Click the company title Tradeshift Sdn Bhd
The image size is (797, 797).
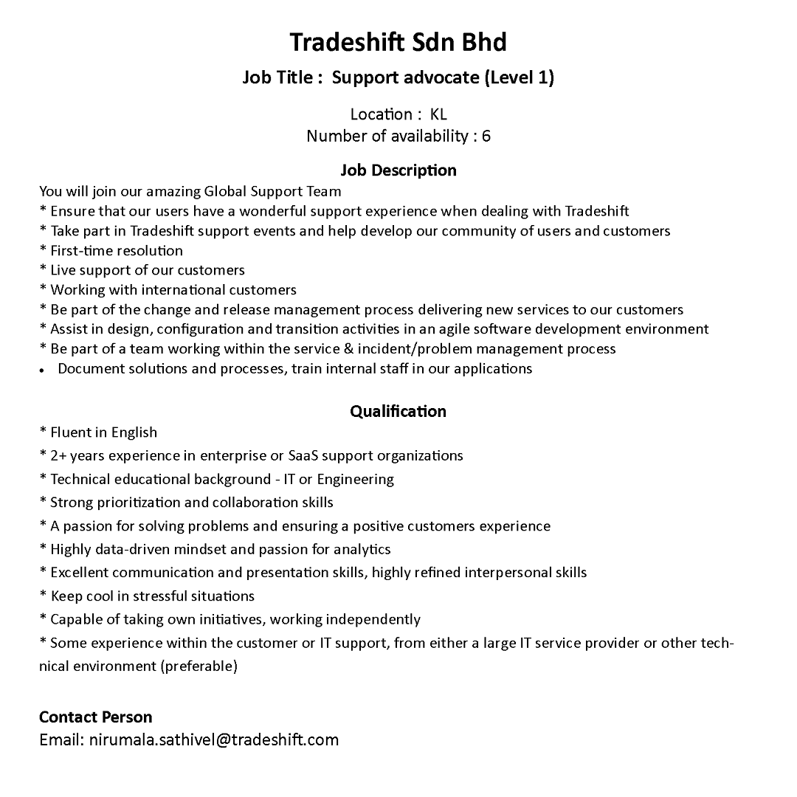(x=398, y=42)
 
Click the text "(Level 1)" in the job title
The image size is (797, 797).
(x=519, y=77)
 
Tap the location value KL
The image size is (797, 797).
(x=438, y=114)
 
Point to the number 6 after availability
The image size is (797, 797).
(x=486, y=137)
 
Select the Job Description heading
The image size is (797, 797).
(x=398, y=170)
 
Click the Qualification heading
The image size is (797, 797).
(x=398, y=411)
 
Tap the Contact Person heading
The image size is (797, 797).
(x=96, y=717)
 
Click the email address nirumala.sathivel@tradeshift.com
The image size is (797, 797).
(x=214, y=739)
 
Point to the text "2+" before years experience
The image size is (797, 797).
(x=58, y=455)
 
